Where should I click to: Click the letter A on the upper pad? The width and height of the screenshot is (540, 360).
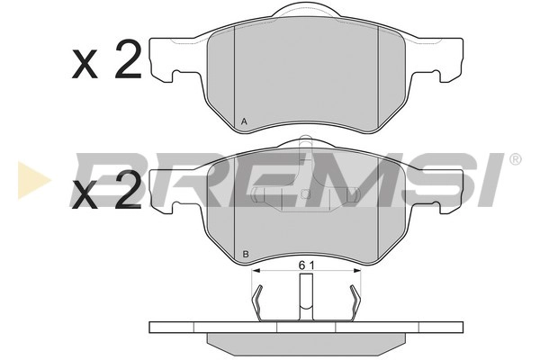pos(245,121)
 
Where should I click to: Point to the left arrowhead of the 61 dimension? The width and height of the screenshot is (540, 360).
pos(255,269)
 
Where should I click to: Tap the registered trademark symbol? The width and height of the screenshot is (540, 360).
pos(515,159)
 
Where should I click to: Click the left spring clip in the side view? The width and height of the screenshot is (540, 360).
pos(259,301)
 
